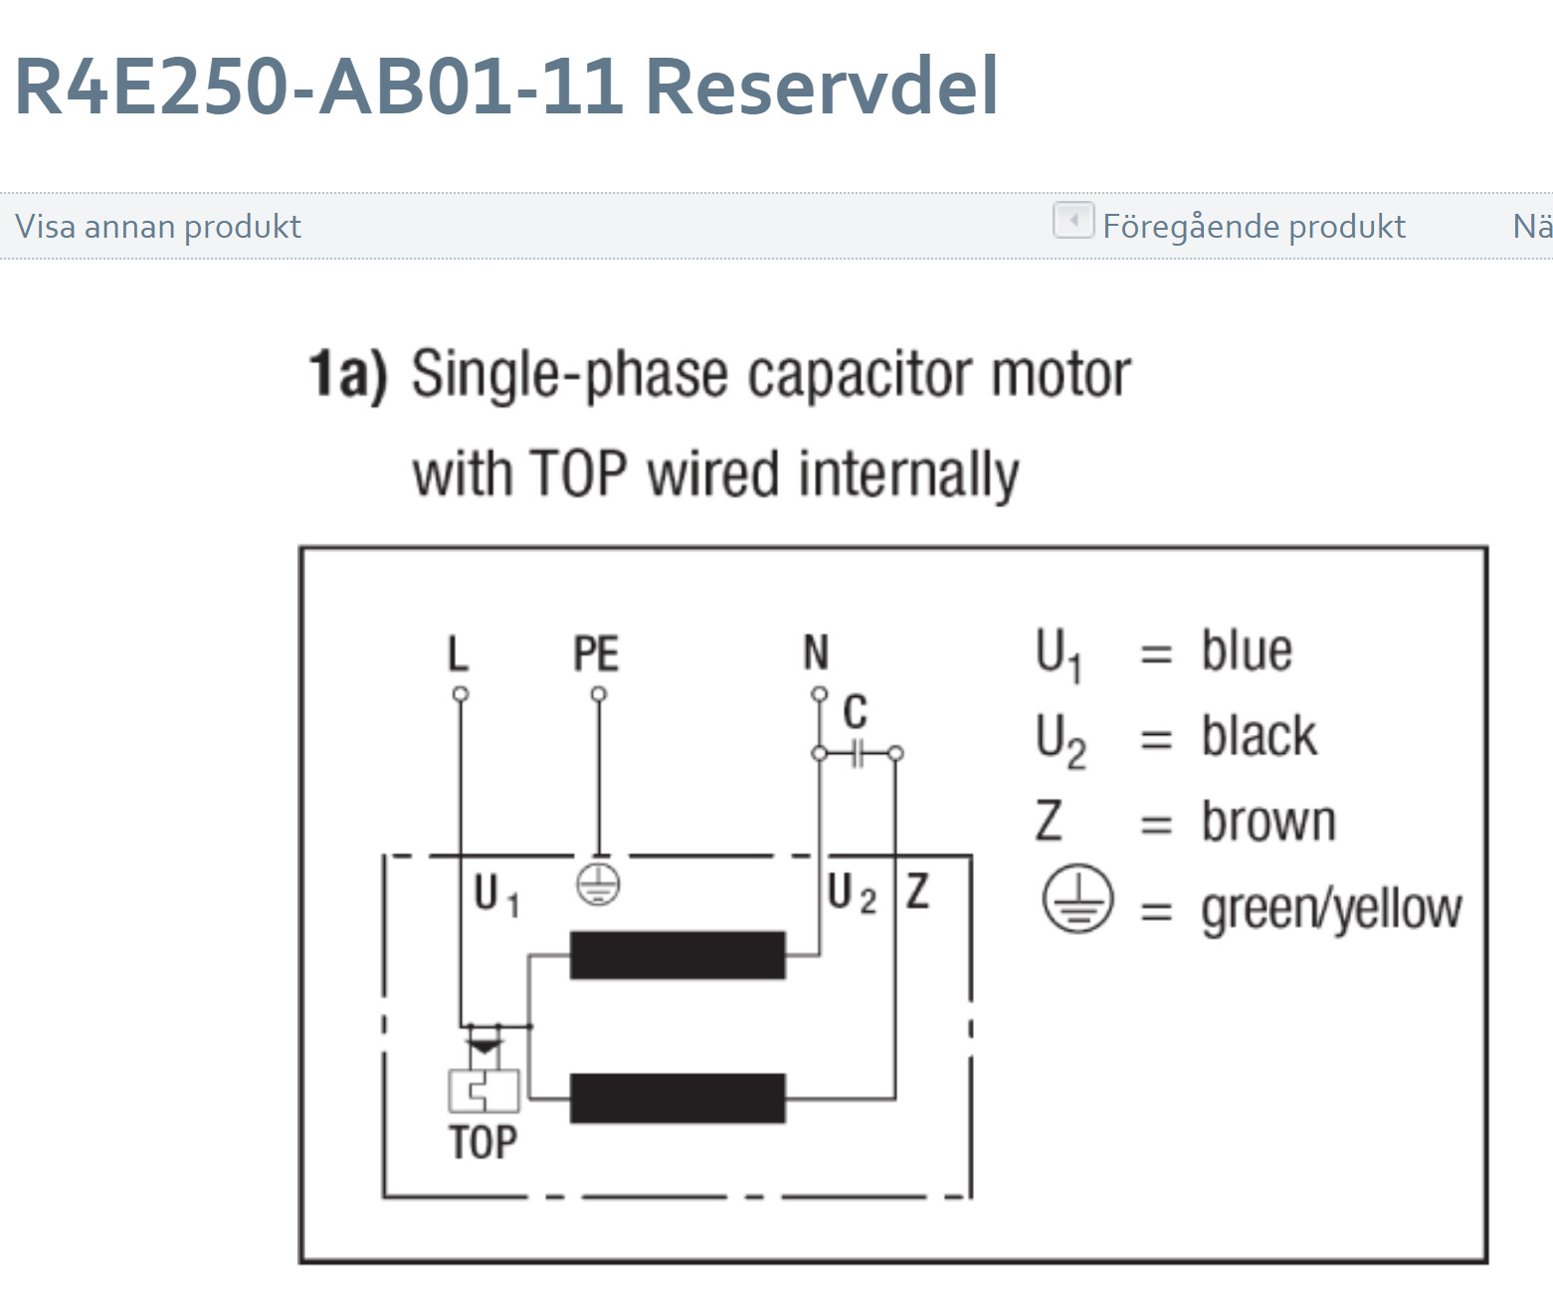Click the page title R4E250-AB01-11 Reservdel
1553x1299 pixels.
[x=505, y=86]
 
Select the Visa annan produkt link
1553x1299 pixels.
[x=157, y=227]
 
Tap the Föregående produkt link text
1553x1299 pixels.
[x=1254, y=227]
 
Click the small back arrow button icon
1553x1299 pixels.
[x=1072, y=220]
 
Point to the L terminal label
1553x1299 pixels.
[x=458, y=653]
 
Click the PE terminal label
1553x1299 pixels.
[x=596, y=653]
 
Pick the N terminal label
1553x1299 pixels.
[x=816, y=653]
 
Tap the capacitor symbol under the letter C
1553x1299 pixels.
[x=857, y=754]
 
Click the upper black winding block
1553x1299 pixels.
[x=678, y=955]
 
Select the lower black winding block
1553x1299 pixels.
[x=678, y=1098]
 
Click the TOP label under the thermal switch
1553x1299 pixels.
[x=483, y=1143]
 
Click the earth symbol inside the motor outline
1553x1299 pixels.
[x=598, y=883]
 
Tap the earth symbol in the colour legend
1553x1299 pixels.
[x=1076, y=900]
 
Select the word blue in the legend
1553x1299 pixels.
[x=1247, y=651]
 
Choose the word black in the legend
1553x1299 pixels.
[x=1259, y=737]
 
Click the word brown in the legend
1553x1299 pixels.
[x=1268, y=823]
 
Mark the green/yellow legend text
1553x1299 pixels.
[x=1331, y=909]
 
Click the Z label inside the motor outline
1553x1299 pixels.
[x=917, y=891]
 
